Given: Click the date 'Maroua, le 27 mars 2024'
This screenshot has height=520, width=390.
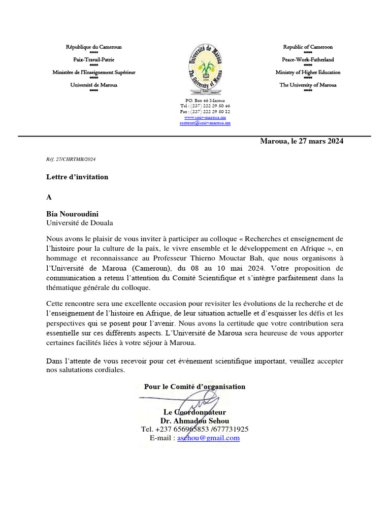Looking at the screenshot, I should (x=302, y=141).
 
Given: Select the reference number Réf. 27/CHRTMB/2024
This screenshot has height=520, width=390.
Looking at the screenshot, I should (x=71, y=159).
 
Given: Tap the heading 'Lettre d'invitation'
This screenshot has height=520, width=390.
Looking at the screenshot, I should (x=77, y=177).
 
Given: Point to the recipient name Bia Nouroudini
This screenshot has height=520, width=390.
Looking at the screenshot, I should (x=73, y=214).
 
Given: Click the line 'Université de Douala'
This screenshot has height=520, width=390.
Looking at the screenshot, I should (x=80, y=222).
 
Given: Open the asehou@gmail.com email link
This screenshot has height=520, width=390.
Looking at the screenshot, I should (x=208, y=438).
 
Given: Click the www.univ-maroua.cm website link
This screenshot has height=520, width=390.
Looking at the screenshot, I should (x=205, y=117).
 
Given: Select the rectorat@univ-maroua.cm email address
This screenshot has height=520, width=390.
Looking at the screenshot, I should (x=205, y=122).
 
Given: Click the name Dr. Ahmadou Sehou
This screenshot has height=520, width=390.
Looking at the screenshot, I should (x=194, y=421).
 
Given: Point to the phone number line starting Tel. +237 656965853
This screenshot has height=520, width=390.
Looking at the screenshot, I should (x=194, y=429).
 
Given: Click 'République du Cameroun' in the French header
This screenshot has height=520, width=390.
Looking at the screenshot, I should (x=93, y=47).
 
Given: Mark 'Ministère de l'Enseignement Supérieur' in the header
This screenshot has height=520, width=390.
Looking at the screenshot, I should (x=93, y=72).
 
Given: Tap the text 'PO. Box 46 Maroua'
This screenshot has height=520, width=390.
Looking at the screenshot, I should (x=205, y=101).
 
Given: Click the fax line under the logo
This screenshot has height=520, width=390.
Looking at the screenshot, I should (x=205, y=111).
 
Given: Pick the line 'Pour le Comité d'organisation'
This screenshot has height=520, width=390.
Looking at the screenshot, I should (x=194, y=386).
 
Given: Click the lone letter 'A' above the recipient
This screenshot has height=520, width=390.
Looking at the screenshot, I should (x=49, y=197).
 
